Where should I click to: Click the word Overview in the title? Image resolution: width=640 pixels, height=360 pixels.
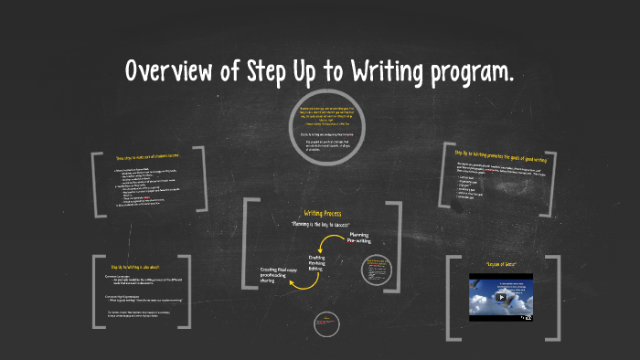(173, 71)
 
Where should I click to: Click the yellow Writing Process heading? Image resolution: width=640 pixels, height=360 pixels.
(323, 213)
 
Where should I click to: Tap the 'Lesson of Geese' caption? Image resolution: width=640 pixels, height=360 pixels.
(500, 264)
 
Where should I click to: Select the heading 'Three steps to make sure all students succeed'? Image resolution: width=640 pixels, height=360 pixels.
(148, 157)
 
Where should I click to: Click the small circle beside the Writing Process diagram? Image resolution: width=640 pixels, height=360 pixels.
(379, 270)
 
